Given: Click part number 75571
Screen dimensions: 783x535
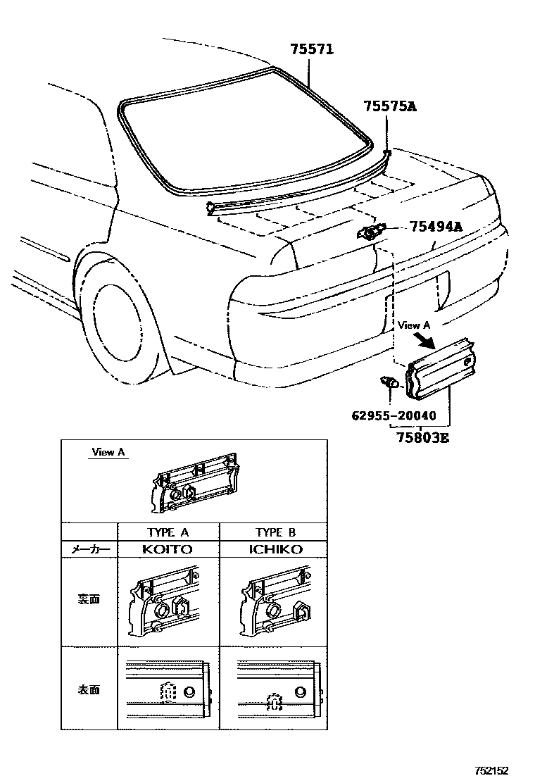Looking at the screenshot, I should tap(312, 50).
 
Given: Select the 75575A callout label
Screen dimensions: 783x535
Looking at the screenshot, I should tap(390, 106).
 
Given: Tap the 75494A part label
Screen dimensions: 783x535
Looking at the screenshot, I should tap(436, 227).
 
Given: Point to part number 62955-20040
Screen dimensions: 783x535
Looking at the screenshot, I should tap(394, 415).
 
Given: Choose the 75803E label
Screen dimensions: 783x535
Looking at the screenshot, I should tap(420, 437).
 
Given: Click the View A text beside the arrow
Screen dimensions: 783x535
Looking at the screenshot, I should tap(414, 325).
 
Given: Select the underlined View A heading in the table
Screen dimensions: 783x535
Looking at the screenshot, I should tap(108, 452).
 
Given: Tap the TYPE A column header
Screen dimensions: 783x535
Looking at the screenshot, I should tap(168, 532).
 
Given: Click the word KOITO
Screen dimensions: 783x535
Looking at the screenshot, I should tap(168, 549).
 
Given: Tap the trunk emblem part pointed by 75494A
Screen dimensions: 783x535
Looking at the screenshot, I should tap(372, 231).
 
